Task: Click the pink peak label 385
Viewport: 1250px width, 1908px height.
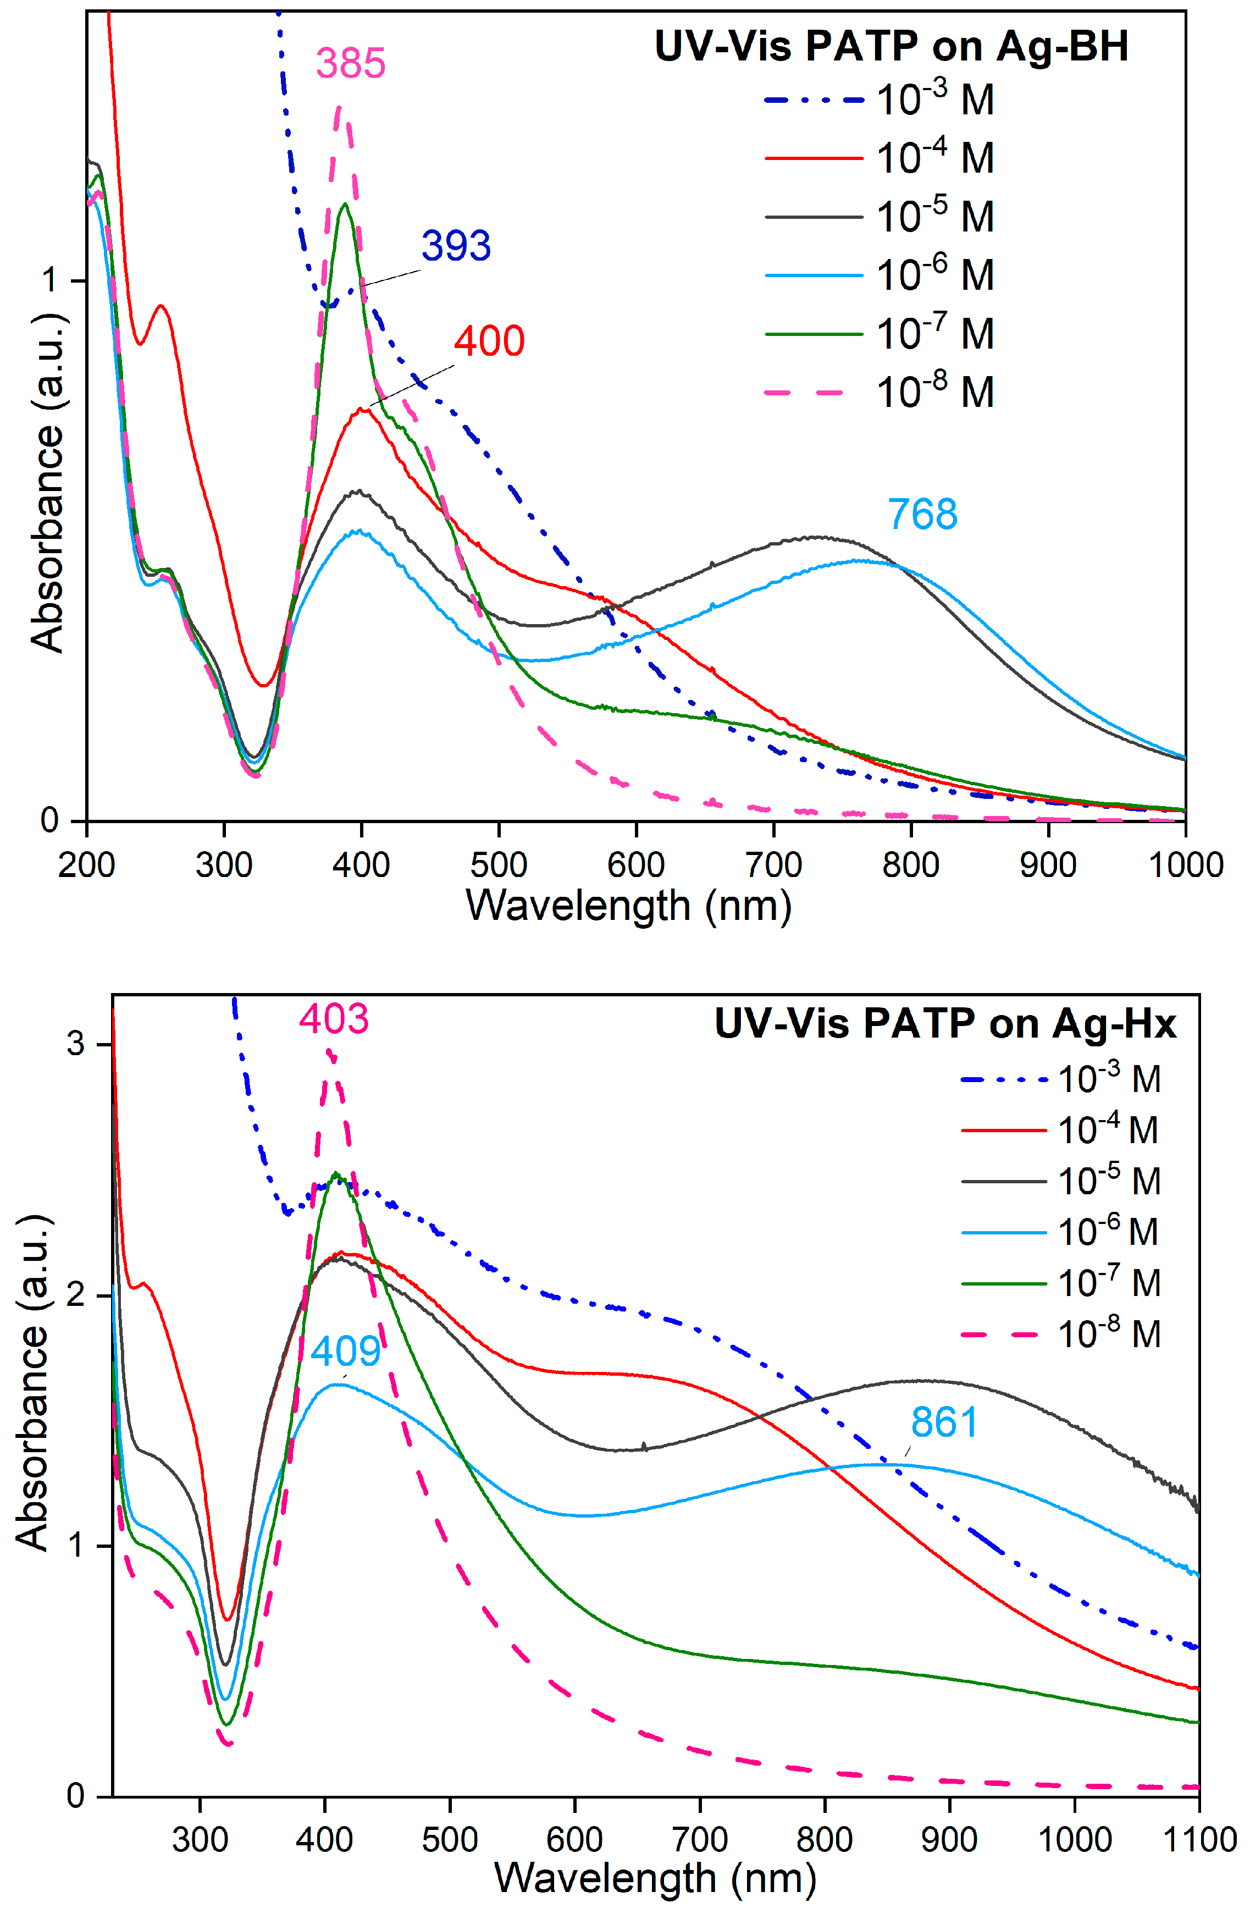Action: click(x=350, y=63)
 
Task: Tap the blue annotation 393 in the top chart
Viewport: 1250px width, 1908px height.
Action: click(x=456, y=246)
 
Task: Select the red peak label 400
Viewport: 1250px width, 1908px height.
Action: click(x=489, y=341)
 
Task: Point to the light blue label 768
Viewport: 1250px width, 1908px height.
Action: click(x=922, y=515)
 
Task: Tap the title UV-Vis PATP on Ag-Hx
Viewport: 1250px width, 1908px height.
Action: click(x=945, y=1024)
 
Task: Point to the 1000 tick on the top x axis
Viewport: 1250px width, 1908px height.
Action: click(x=1186, y=865)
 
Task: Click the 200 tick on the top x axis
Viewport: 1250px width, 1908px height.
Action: click(x=86, y=865)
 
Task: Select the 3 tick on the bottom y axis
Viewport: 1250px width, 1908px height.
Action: click(x=75, y=1044)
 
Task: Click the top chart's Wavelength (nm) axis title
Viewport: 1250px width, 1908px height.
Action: click(x=629, y=907)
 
